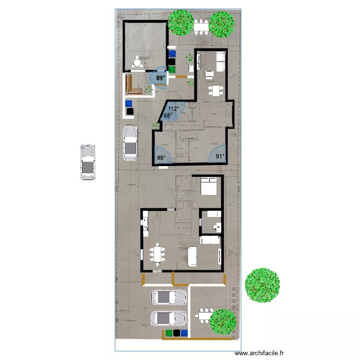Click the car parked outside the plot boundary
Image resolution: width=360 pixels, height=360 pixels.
[88, 163]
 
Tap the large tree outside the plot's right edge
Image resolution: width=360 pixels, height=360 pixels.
[262, 284]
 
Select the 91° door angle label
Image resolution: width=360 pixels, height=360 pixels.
[220, 156]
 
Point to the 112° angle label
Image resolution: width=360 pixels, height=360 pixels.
[173, 109]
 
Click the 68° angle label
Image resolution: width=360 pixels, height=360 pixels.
[168, 116]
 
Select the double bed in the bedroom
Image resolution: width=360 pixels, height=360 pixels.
[210, 186]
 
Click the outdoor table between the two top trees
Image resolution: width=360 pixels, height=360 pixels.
[201, 24]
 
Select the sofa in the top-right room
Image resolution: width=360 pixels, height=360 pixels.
[221, 61]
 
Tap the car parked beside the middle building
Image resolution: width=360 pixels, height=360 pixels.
[130, 143]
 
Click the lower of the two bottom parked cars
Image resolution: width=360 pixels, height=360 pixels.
[169, 318]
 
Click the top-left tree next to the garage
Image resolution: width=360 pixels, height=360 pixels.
[180, 23]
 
